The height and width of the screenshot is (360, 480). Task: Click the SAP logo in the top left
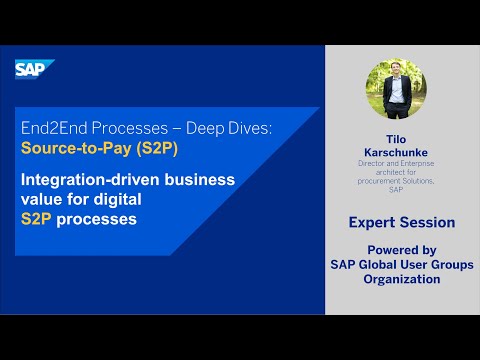click(33, 68)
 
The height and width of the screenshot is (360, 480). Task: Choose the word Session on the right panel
click(429, 222)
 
